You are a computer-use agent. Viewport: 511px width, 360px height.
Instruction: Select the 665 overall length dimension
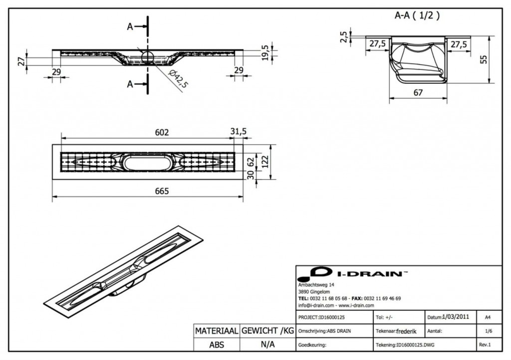point(162,191)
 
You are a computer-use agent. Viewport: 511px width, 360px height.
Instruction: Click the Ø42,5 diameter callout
point(178,79)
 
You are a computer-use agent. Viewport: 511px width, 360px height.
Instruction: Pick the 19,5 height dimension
point(265,51)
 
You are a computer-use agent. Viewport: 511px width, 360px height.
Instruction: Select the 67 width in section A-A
point(418,93)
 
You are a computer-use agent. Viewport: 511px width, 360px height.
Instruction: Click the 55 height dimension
point(483,59)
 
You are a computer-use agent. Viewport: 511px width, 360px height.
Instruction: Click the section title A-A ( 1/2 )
point(417,15)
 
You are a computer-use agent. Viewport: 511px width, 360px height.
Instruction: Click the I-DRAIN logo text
point(372,274)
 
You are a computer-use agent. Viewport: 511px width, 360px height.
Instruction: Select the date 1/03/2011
point(456,317)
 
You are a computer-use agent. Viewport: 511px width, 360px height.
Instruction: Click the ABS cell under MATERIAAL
point(217,345)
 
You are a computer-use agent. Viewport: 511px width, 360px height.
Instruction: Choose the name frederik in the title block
point(407,331)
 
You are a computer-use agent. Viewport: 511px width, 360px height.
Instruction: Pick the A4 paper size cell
point(487,317)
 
